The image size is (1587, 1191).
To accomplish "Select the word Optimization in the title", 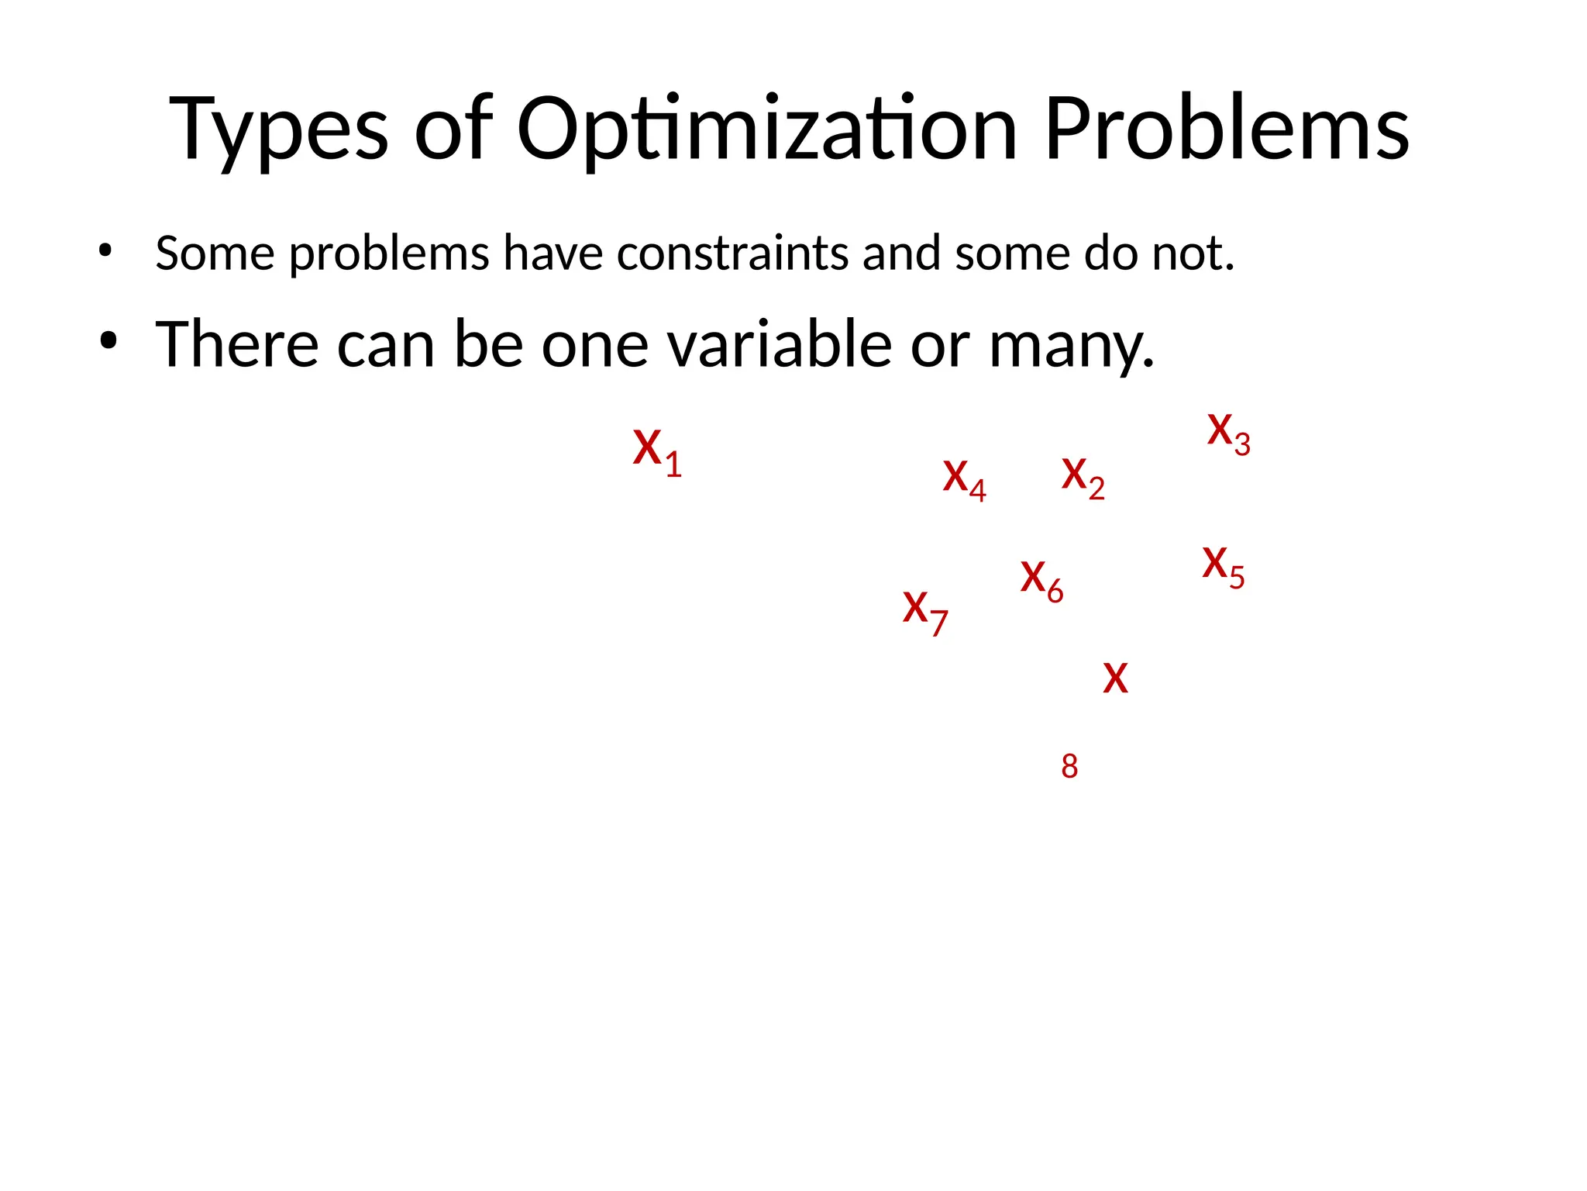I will click(x=766, y=129).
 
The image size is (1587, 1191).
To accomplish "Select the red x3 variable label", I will click(x=1228, y=433).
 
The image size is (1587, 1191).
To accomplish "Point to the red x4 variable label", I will click(x=964, y=479).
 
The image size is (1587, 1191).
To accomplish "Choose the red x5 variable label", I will click(x=1223, y=567).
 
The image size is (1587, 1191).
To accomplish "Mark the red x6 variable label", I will click(x=1041, y=581).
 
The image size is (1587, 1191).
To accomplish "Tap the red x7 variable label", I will click(x=925, y=612).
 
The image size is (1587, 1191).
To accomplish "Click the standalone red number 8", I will click(x=1069, y=767).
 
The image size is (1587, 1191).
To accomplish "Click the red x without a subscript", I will click(x=1115, y=679).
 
